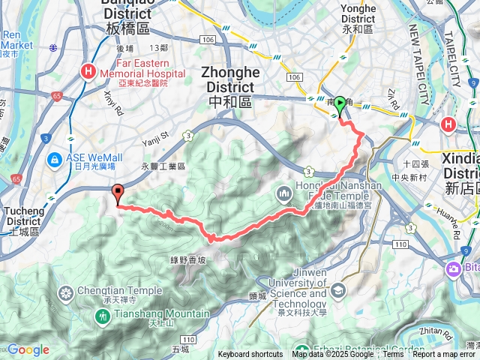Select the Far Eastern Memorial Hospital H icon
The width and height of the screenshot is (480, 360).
88,72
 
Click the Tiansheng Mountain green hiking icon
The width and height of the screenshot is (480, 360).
102,317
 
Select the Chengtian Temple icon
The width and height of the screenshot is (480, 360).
67,292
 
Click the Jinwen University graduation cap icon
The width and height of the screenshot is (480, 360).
339,289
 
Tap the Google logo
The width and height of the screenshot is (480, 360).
28,349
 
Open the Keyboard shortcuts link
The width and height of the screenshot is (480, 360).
250,355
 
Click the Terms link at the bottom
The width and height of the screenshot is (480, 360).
393,355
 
